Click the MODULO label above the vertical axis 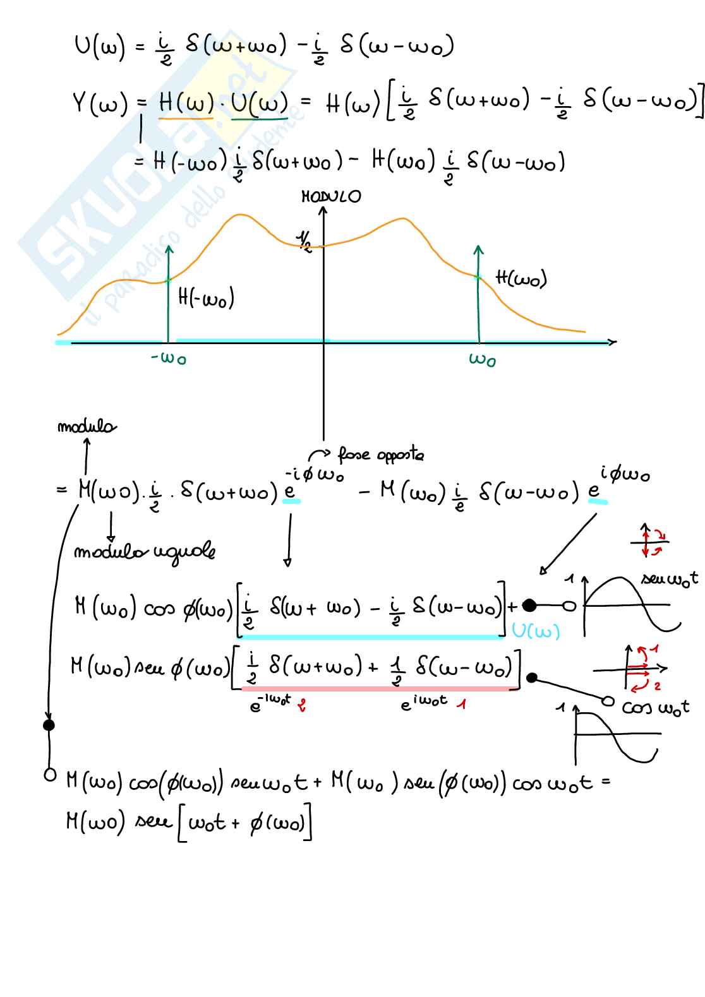coord(331,196)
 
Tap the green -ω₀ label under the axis coord(169,359)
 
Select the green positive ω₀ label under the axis coord(482,360)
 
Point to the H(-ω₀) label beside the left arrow coord(206,297)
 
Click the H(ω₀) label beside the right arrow coord(521,278)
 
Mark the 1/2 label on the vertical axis coord(304,241)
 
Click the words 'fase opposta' coord(380,455)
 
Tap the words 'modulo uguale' coord(144,552)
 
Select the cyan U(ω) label coord(536,631)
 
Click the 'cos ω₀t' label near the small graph coord(655,707)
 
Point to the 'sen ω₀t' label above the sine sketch coord(669,578)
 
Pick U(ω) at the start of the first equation coord(99,47)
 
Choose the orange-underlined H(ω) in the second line coord(186,102)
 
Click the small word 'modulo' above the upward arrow coord(87,427)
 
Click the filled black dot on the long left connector coord(49,725)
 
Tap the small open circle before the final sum coord(49,774)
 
